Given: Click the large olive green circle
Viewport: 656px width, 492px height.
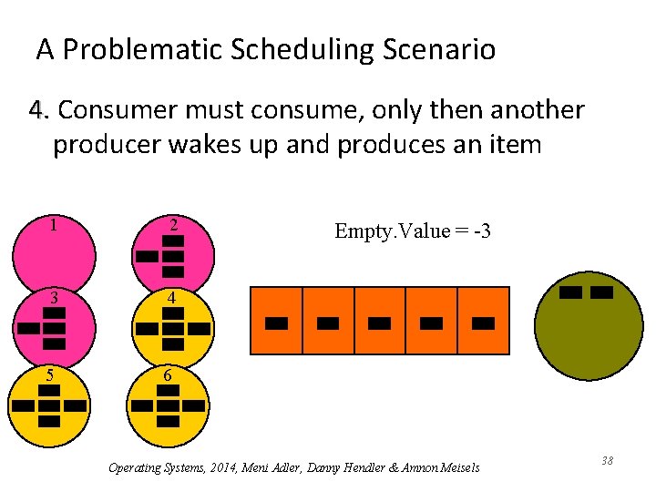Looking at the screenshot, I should (x=588, y=328).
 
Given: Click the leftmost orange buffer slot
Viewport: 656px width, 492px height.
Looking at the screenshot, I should (x=276, y=321).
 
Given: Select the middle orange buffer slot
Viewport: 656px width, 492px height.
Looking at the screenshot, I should (x=380, y=321).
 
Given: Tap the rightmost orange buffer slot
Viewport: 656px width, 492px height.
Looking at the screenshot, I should (x=484, y=321).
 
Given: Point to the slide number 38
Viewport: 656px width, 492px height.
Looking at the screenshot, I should (x=607, y=461).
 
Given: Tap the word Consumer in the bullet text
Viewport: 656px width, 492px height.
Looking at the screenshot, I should (x=118, y=111).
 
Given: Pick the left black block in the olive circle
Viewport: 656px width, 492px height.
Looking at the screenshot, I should (x=571, y=292).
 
